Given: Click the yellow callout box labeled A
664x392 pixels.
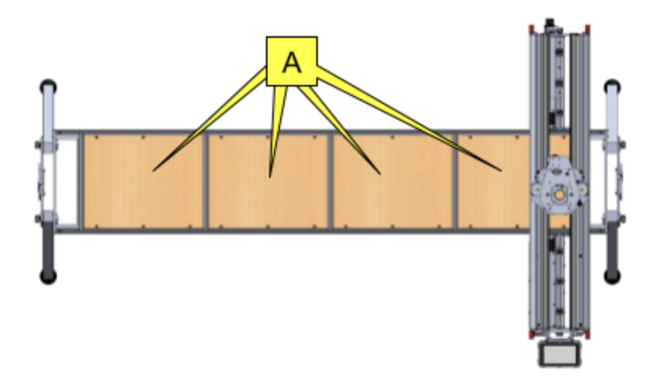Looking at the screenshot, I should (x=291, y=61).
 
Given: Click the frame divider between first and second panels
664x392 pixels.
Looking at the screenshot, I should (x=205, y=181).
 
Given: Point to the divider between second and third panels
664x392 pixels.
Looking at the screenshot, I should (x=330, y=181).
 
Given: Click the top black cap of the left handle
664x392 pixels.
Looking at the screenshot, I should (x=48, y=85).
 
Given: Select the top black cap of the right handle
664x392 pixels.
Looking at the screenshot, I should (x=612, y=85).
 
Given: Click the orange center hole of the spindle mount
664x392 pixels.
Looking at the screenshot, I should (x=558, y=192).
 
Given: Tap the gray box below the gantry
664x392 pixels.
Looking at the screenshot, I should (x=559, y=353).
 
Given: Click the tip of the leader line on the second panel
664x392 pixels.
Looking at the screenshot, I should (x=270, y=176).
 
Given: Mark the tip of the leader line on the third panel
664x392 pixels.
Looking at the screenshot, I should (x=379, y=173).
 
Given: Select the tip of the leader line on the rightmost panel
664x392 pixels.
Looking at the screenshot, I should (x=500, y=170).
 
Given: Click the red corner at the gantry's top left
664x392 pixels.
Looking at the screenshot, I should (x=531, y=30).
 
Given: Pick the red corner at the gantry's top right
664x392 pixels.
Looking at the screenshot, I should (x=586, y=30).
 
